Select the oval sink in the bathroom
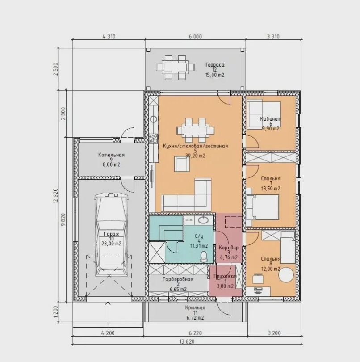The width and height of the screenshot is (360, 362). pos(204,220)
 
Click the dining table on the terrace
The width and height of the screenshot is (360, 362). pos(175,67)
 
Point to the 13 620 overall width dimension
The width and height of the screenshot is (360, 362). pos(186,341)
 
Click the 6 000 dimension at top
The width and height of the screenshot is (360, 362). pos(195,37)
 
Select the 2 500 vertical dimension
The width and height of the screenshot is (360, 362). pos(56,69)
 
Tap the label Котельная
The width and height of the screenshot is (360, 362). pos(112,155)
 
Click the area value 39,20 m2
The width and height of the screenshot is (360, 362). pos(195,156)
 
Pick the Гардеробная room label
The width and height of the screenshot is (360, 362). pos(178,279)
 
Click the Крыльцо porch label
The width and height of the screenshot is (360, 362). pos(195,308)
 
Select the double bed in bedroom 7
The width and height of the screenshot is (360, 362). pos(263,207)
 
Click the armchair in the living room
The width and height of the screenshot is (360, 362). pos(182,164)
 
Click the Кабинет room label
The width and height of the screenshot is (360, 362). pos(271,119)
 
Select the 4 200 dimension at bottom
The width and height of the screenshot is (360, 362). pos(108,333)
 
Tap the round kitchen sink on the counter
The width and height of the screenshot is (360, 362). pos(154,119)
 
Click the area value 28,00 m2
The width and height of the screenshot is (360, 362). pos(112,244)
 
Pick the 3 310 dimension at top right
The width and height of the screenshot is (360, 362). pos(273,37)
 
